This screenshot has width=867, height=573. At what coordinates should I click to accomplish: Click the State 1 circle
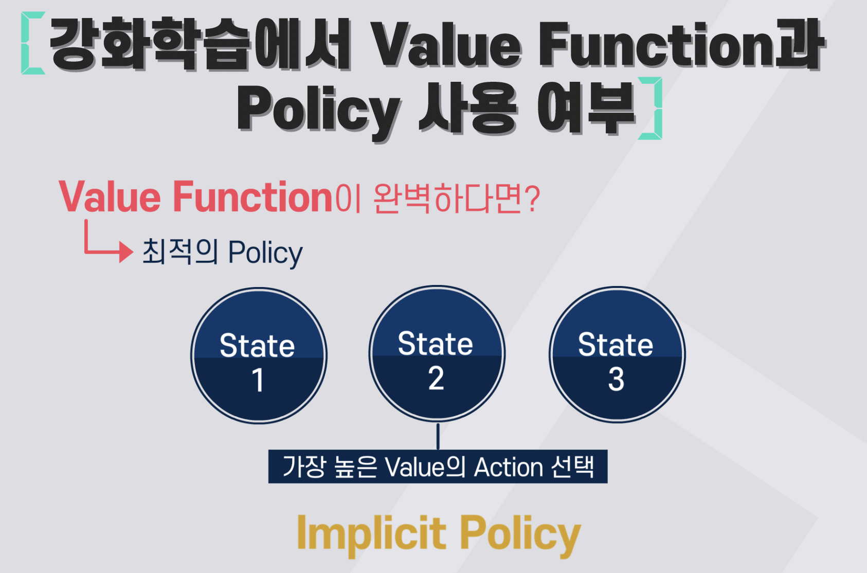click(259, 355)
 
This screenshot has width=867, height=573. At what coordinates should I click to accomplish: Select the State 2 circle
click(437, 353)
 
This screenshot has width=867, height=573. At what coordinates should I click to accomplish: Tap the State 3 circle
click(617, 354)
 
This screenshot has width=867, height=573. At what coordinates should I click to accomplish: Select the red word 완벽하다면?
click(457, 198)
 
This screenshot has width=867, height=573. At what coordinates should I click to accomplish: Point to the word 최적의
click(180, 252)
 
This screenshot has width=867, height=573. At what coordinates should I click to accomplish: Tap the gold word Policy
click(520, 535)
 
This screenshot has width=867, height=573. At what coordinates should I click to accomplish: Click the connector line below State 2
click(438, 436)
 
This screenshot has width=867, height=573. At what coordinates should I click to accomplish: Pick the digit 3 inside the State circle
click(616, 379)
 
